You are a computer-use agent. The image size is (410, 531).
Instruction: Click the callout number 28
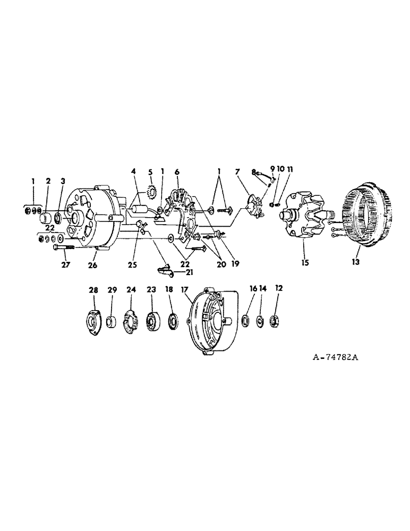click(x=93, y=290)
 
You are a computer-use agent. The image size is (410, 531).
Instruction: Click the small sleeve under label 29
click(x=112, y=321)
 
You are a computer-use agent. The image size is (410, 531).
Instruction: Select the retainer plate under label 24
click(x=131, y=321)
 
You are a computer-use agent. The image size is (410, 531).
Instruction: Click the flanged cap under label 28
click(x=94, y=321)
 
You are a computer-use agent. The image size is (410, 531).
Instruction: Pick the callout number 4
click(x=133, y=172)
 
